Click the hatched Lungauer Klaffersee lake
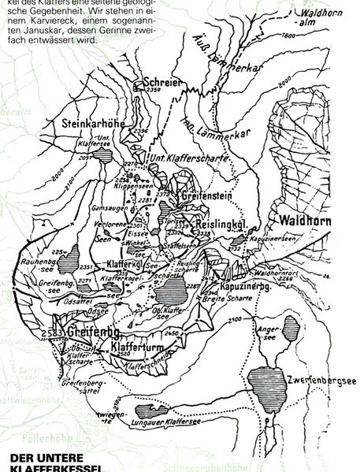[x=152, y=411]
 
